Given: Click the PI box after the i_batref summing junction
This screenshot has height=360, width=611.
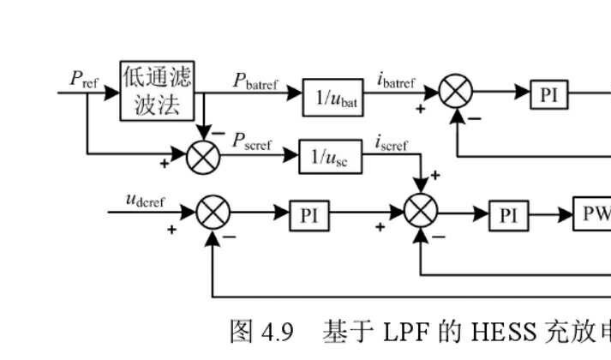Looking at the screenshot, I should (548, 94).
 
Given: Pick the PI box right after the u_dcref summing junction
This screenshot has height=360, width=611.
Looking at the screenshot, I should (308, 215).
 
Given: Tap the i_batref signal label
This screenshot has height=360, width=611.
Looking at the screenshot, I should (396, 81).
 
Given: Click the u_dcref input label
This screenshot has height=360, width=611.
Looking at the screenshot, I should (146, 201).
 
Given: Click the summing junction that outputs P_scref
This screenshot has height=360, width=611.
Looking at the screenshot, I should (204, 155).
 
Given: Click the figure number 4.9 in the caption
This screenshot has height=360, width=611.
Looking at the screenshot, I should (280, 332).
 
